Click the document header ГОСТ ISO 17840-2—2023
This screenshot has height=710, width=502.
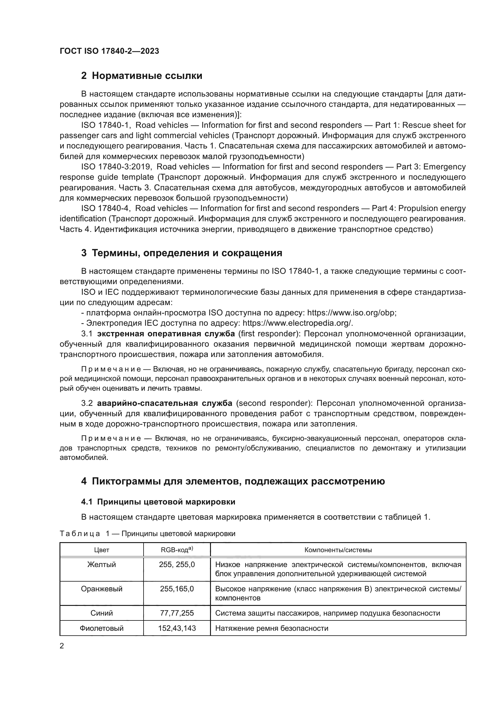click(x=109, y=51)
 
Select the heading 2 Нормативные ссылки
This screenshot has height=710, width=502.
click(x=141, y=76)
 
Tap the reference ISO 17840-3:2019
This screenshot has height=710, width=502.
click(x=116, y=167)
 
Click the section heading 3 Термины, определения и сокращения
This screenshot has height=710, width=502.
click(x=181, y=253)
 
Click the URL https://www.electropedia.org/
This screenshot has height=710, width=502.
click(x=297, y=323)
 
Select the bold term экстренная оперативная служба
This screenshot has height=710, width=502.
click(x=166, y=334)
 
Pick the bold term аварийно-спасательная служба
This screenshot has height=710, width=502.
click(x=165, y=403)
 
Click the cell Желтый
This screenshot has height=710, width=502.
click(x=101, y=565)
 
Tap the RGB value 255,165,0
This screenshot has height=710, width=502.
click(x=177, y=589)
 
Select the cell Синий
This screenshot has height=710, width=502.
click(x=101, y=613)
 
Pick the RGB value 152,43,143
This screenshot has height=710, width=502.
click(x=177, y=628)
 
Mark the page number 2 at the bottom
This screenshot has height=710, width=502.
click(x=62, y=646)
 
